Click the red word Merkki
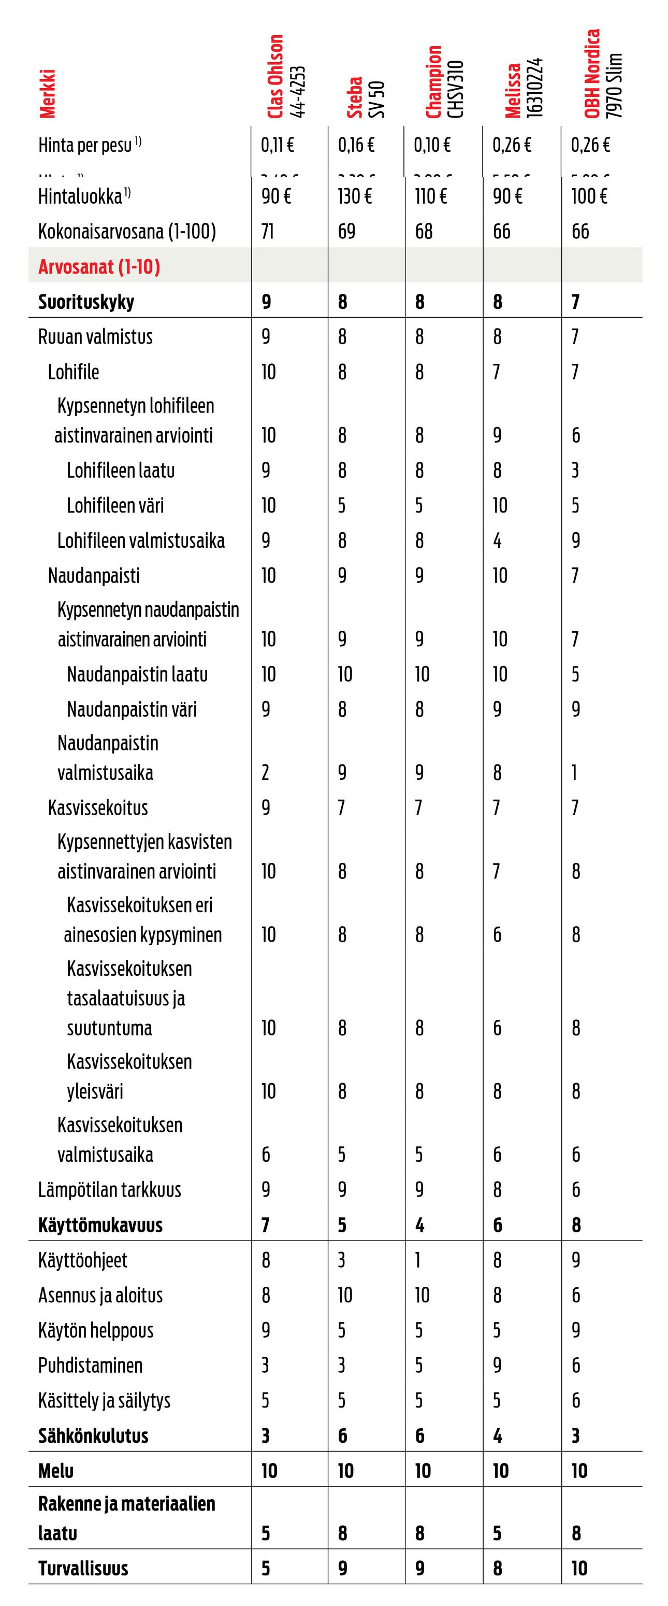pos(47,93)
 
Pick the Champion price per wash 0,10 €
pos(432,145)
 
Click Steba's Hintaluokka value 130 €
pos(355,196)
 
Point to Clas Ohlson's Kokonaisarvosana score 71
pos(267,231)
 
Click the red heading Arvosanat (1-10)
pos(99,267)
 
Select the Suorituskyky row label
pos(86,302)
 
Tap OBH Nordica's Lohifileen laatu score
pos(575,470)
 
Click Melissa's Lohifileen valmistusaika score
pos(497,541)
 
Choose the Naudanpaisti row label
pos(94,575)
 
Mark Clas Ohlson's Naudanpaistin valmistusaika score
pos(266,773)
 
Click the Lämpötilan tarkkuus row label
pos(110,1189)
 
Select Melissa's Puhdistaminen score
pos(497,1366)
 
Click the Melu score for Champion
pos(423,1471)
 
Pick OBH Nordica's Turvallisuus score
pos(579,1569)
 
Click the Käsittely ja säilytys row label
pos(104,1400)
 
